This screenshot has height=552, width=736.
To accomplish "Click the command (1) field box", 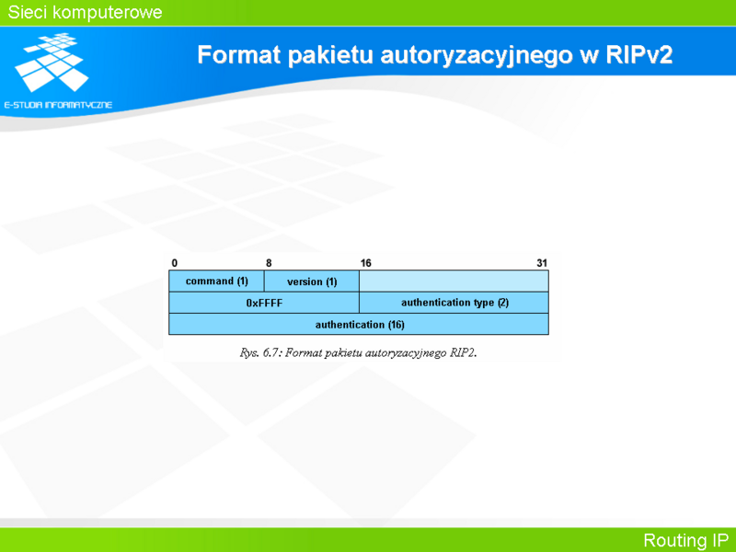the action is coord(216,282).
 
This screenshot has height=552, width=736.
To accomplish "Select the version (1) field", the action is coord(312,282).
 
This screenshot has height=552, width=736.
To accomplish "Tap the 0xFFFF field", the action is coord(264,303).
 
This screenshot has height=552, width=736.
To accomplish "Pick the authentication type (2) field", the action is coord(454,303).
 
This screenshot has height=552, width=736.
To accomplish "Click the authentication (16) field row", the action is coord(359,325).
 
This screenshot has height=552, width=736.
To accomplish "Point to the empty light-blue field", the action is coord(454,282).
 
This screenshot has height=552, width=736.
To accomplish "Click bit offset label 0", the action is coord(175,263).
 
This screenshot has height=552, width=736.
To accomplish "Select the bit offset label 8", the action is coord(269,263).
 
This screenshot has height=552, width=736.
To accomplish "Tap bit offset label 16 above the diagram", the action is coord(365,263).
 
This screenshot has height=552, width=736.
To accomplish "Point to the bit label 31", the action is coord(542,263).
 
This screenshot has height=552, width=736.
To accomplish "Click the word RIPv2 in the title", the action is coord(638,54).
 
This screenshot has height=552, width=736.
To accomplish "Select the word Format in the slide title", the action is coord(239,54).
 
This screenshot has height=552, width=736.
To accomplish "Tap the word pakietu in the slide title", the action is coord(330,55).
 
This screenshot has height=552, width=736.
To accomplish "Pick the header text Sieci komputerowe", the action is coord(85,12).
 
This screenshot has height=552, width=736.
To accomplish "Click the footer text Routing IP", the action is coord(685,540).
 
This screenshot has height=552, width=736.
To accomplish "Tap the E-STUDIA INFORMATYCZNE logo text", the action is coord(58,105).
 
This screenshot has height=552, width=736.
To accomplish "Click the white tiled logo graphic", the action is coord(52,62).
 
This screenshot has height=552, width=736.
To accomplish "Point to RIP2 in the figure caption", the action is coord(463,353).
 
